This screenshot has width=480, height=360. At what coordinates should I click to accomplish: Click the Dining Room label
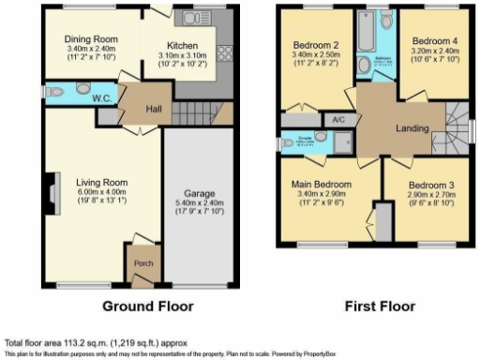pos(90,39)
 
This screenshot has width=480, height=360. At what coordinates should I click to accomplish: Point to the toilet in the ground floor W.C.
pos(57,93)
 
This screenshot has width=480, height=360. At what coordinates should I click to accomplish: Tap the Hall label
pos(154,109)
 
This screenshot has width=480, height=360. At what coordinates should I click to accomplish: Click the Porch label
pos(144,262)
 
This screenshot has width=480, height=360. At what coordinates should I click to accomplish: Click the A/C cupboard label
pos(337,120)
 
